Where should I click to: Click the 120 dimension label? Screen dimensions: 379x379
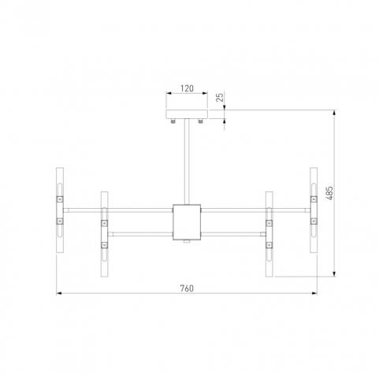point(187,88)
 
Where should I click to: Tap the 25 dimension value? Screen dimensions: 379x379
point(220,97)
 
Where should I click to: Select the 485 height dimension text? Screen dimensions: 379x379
point(330,193)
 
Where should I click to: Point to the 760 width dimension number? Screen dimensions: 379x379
point(187,288)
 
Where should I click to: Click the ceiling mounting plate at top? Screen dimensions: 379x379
point(187,114)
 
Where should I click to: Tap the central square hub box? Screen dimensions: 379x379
point(187,222)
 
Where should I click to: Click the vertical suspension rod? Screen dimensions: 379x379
point(187,162)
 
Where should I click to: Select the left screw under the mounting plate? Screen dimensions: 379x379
point(173,121)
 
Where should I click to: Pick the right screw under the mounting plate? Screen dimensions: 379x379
point(201,121)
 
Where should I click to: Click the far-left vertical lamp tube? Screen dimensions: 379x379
point(60,210)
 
